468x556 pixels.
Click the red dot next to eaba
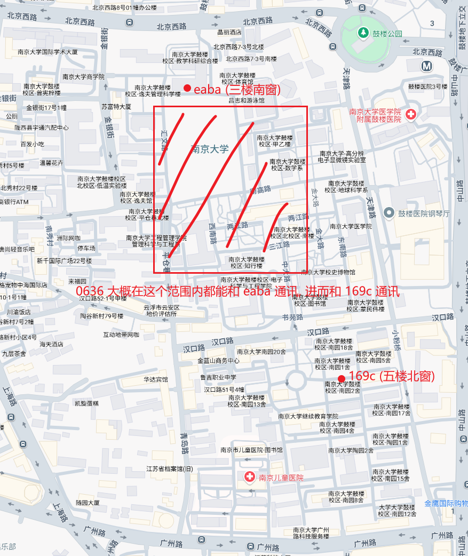[x=187, y=88]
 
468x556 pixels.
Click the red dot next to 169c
[x=342, y=378]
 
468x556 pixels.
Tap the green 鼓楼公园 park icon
[x=363, y=33]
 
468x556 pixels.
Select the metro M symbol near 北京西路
[x=426, y=66]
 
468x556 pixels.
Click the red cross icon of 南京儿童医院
[x=249, y=477]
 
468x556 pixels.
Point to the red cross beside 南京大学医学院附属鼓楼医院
[x=410, y=114]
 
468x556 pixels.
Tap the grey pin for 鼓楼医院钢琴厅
[x=389, y=213]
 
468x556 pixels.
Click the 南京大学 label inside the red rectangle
[x=209, y=149]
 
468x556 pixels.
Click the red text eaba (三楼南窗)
[x=237, y=90]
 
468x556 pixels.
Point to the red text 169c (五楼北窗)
[x=391, y=376]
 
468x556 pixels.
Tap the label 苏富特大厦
[x=116, y=107]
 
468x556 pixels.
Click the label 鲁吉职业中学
[x=218, y=377]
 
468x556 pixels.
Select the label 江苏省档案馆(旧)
[x=170, y=469]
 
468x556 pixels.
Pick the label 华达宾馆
[x=155, y=379]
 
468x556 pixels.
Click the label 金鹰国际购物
[x=446, y=504]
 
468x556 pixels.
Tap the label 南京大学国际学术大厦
[x=47, y=52]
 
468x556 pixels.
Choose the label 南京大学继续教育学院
[x=308, y=416]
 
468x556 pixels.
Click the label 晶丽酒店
[x=229, y=33]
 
